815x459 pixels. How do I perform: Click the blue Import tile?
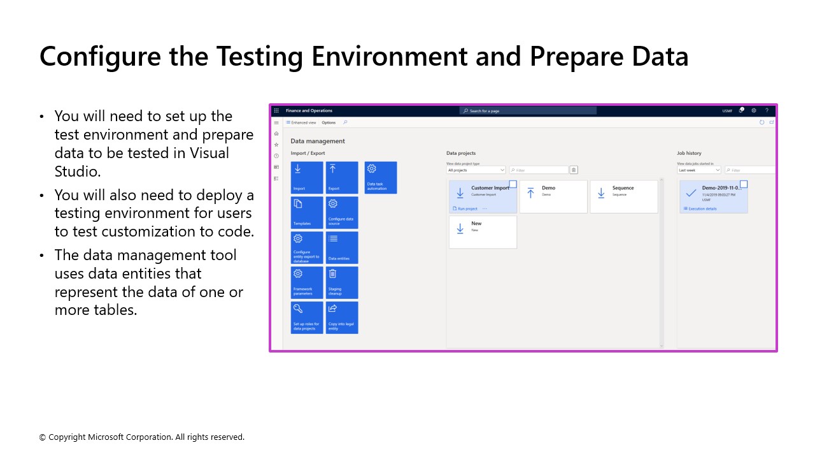[x=307, y=177]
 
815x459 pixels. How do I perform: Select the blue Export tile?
[x=342, y=177]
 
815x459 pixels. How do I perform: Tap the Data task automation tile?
[x=381, y=177]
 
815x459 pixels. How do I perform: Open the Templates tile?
[x=307, y=212]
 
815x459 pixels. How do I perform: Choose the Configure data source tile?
[x=342, y=212]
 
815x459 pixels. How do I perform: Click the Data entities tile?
[x=342, y=247]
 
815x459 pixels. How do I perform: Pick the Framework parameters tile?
[x=307, y=282]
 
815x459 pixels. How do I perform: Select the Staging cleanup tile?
[x=342, y=282]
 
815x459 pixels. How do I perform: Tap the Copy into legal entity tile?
[x=342, y=317]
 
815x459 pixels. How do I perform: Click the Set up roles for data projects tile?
[x=307, y=317]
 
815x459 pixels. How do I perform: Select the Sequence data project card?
[x=623, y=196]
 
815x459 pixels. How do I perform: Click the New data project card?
[x=483, y=232]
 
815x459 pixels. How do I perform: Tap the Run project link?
[x=467, y=208]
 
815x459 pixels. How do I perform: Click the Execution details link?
[x=702, y=208]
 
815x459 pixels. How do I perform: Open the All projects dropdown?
[x=476, y=170]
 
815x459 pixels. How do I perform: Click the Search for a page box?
[x=528, y=111]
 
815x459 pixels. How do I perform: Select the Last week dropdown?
[x=699, y=170]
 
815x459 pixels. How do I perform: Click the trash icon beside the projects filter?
[x=574, y=170]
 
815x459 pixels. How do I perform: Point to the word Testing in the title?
[x=260, y=56]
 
